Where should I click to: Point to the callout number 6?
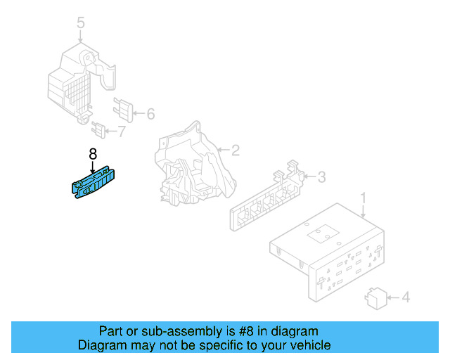point(150,114)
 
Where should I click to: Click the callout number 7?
point(121,131)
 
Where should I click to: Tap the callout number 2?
point(236,150)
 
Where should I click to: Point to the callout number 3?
point(321,176)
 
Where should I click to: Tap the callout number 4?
point(404,298)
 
